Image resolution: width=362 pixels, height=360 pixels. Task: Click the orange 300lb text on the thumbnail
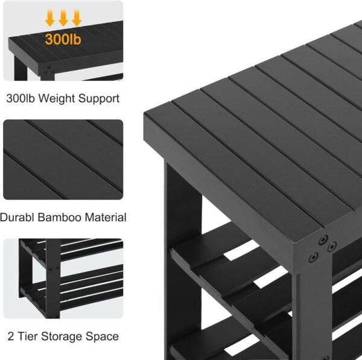pos(63,39)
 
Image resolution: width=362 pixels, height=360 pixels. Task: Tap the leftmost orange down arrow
pos(50,19)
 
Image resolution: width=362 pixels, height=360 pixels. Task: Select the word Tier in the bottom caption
pos(28,336)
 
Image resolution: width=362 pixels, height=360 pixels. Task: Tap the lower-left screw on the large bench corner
pos(313,257)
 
